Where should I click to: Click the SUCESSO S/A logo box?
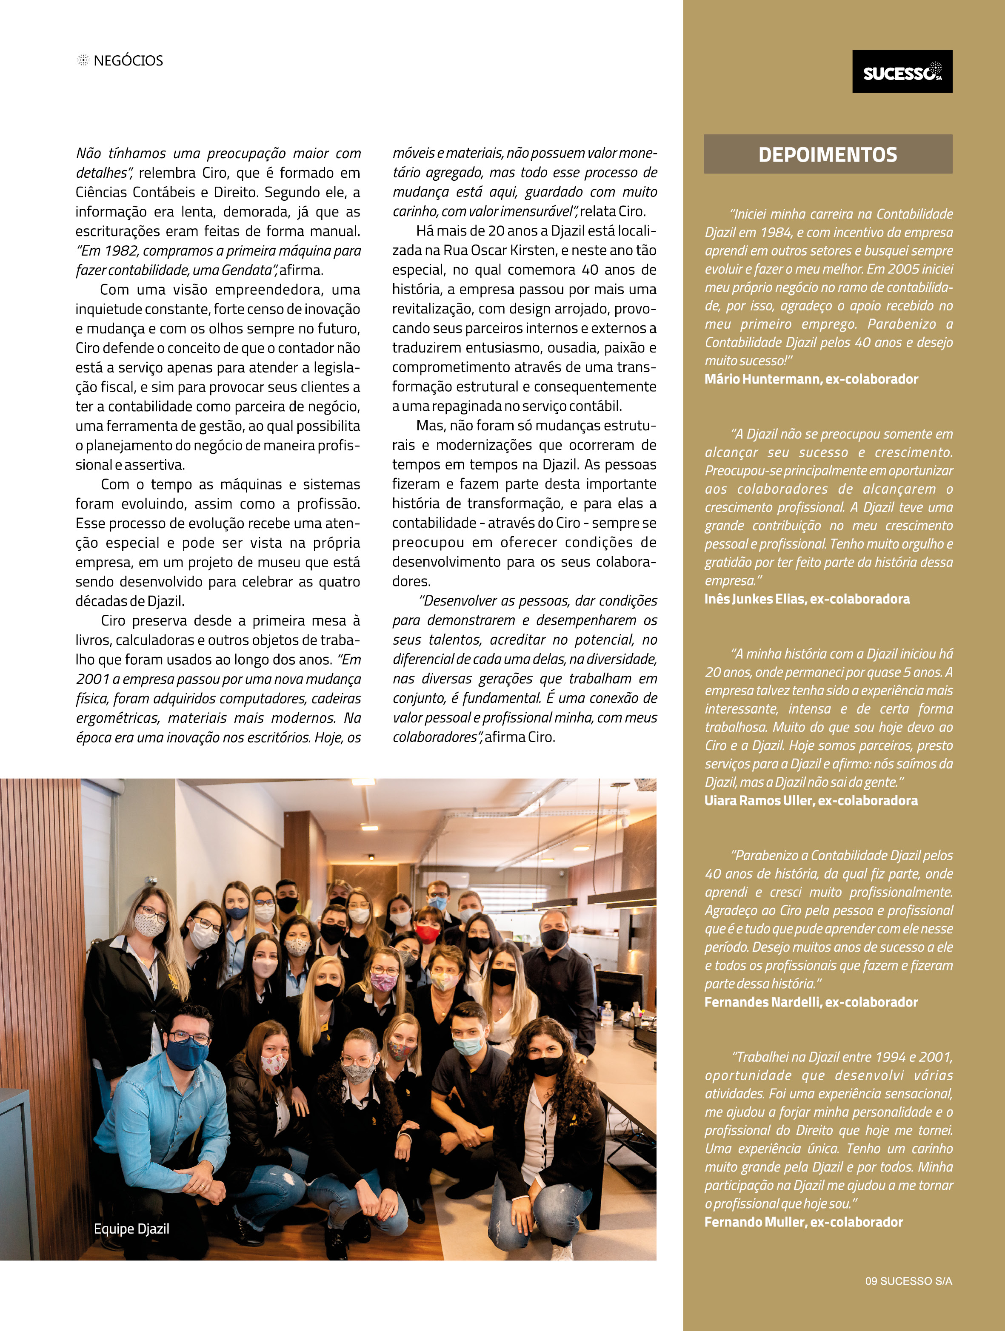[x=902, y=71]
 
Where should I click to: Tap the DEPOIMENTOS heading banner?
[x=828, y=155]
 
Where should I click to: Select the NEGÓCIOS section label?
[x=128, y=61]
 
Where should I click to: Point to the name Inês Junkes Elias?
[x=755, y=599]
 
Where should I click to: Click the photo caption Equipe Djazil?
[x=131, y=1229]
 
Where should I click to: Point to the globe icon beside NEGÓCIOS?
[x=83, y=60]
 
